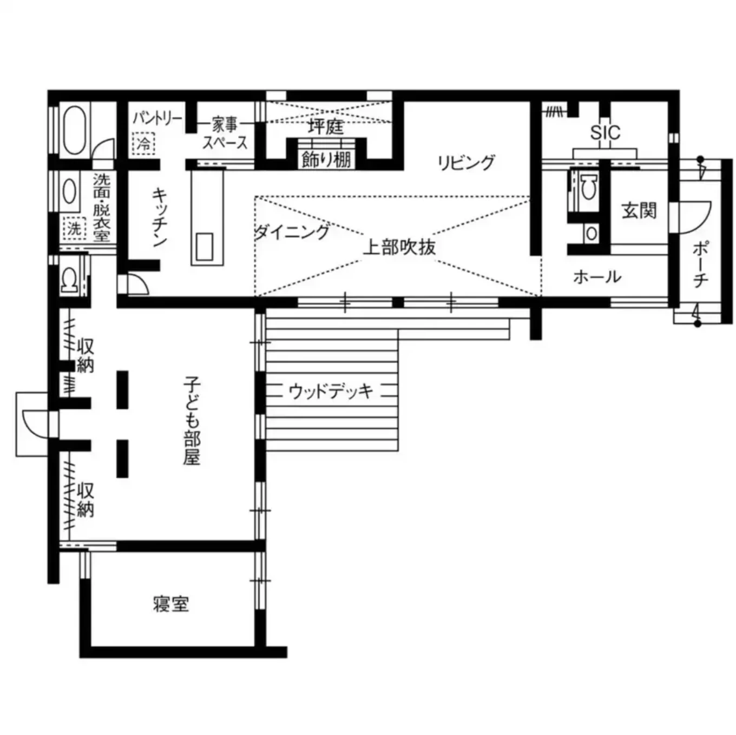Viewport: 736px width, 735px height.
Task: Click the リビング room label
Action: [x=466, y=162]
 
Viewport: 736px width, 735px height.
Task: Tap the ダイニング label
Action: [x=292, y=232]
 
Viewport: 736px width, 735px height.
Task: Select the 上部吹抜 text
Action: [x=399, y=247]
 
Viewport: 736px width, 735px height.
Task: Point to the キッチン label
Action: [x=160, y=216]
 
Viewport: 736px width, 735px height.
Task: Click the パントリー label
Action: [x=157, y=118]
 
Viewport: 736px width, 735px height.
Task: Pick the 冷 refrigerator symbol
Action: [x=143, y=144]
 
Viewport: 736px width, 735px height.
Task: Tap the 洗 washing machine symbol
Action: [x=74, y=228]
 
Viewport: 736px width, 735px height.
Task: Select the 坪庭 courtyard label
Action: [x=325, y=127]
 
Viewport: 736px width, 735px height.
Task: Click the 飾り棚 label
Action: [x=326, y=160]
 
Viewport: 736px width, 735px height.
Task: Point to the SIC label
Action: [x=605, y=133]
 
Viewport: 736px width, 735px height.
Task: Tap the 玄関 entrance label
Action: [x=639, y=210]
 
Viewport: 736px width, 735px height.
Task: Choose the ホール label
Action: [x=597, y=277]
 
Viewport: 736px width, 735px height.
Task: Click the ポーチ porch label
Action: [x=700, y=264]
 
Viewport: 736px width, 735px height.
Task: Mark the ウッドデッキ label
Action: [x=331, y=390]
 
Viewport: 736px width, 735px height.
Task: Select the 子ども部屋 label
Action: [x=192, y=421]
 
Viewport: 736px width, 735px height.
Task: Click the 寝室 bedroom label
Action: [x=171, y=604]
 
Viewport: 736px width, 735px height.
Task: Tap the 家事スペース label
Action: [x=225, y=134]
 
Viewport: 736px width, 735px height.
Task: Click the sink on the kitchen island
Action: [x=206, y=247]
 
